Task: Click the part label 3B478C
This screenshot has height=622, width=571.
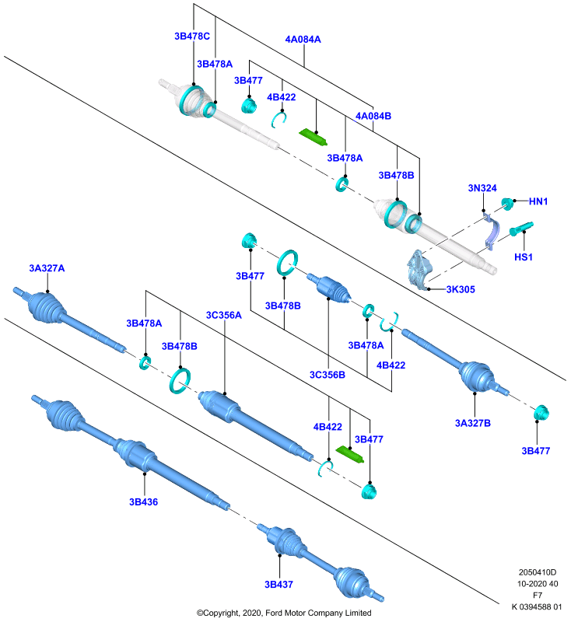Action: point(192,36)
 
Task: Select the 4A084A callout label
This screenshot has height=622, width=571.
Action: point(303,40)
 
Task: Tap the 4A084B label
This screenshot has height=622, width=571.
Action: point(373,116)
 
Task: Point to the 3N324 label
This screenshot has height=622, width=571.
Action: point(482,188)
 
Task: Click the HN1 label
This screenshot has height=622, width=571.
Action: point(538,201)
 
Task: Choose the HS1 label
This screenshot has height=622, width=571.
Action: point(524,257)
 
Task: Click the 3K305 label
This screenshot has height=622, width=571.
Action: point(461,289)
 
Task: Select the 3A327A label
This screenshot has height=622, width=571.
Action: point(47,268)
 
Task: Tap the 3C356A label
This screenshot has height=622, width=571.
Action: point(224,315)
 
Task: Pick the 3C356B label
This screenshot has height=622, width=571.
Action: point(328,375)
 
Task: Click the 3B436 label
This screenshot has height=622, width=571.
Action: point(144,501)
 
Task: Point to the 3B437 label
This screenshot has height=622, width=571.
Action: point(279,585)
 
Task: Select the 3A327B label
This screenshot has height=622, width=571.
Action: point(473,423)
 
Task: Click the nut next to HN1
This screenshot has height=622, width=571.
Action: point(507,204)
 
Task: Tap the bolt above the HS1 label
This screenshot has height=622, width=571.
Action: point(520,228)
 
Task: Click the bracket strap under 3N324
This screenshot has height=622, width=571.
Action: point(491,232)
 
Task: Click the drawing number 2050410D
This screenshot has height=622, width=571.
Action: point(538,572)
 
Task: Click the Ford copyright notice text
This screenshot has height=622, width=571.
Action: point(284,613)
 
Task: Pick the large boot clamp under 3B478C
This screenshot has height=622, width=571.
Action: point(191,100)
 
